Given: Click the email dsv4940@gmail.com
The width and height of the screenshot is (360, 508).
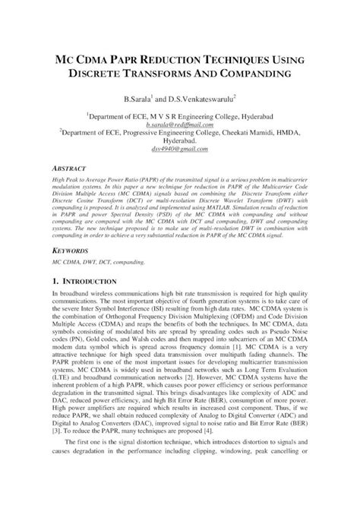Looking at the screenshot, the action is (x=180, y=150).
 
